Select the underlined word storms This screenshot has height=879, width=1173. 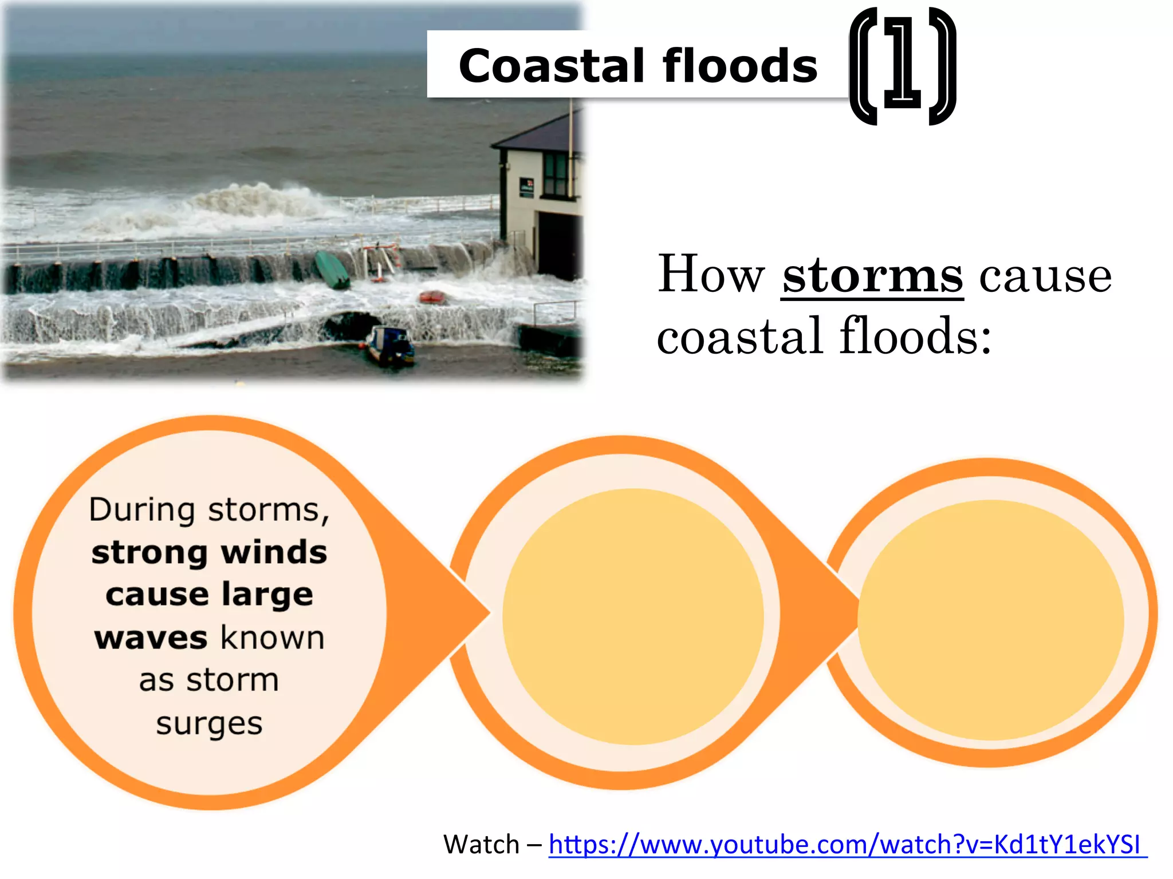pos(872,276)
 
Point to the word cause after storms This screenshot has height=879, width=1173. pos(1045,276)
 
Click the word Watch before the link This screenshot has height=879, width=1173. pos(481,845)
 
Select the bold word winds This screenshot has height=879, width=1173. pos(274,553)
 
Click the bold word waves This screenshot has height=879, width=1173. pos(151,638)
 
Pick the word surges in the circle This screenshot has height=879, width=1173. pos(209,723)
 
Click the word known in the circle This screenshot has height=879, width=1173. pos(273,638)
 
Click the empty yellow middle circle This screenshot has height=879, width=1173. pos(632,617)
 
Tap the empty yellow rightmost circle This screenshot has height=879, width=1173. pos(990,620)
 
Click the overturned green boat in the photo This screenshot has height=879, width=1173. pos(332,269)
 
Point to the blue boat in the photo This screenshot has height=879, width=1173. pos(391,346)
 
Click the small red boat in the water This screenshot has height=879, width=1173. pos(432,297)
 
